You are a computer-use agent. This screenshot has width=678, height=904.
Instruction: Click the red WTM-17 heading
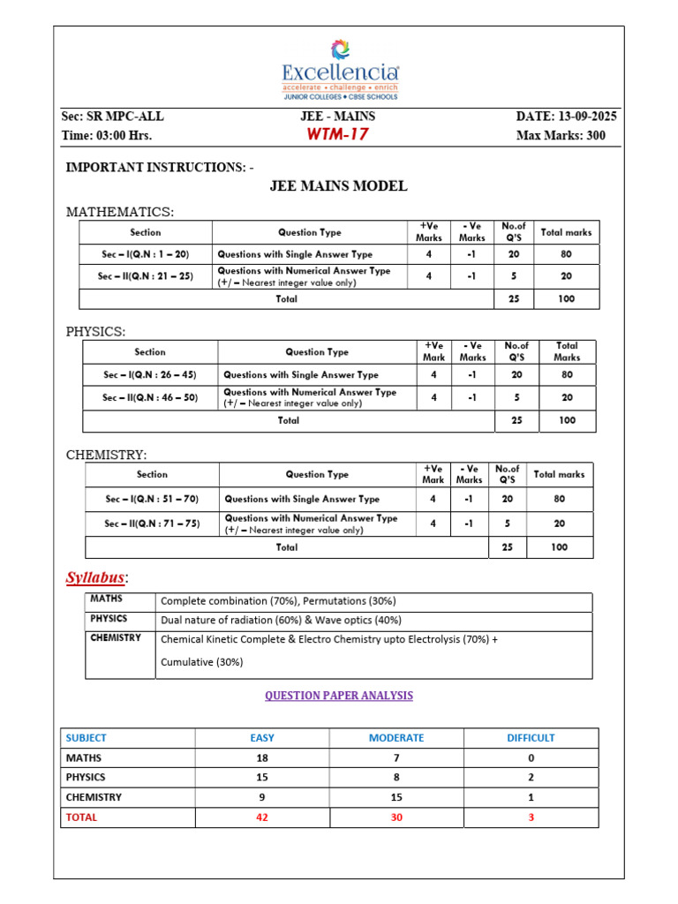pos(337,135)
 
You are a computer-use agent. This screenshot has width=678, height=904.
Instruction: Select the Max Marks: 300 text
pos(566,136)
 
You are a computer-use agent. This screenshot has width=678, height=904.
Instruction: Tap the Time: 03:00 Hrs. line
pos(107,136)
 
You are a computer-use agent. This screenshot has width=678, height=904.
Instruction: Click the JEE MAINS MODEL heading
pos(338,186)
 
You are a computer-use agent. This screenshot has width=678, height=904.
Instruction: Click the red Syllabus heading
pos(96,578)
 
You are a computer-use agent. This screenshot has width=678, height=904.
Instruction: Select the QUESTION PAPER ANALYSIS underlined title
pos(339,696)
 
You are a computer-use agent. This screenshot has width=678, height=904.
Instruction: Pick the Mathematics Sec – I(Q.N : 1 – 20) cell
pos(146,254)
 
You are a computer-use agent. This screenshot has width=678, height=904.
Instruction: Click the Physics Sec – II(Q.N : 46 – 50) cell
pos(150,398)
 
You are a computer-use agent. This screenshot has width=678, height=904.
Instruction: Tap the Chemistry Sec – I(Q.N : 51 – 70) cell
pos(152,499)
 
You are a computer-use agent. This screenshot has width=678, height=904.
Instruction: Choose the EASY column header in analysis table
pos(262,738)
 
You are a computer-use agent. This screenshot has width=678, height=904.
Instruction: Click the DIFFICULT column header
pos(531,738)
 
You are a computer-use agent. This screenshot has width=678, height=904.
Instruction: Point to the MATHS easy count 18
pos(262,757)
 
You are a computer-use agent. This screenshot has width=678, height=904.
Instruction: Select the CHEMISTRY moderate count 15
pos(396,797)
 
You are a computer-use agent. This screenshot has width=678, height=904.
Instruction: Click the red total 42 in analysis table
pos(262,817)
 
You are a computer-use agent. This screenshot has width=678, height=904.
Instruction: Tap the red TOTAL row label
pos(82,817)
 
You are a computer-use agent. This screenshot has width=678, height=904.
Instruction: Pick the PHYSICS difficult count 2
pos(531,778)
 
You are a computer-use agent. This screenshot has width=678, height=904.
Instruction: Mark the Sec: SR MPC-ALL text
pos(112,117)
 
